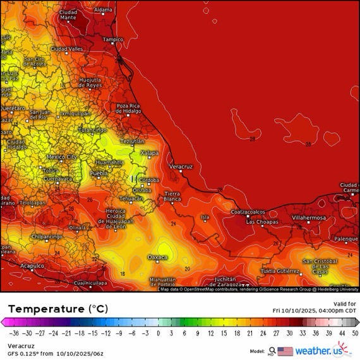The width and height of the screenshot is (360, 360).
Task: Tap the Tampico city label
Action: click(113, 39)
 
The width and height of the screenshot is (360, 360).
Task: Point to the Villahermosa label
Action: click(308, 217)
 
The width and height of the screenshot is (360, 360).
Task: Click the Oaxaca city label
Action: click(157, 257)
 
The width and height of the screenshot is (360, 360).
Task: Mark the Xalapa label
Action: click(149, 153)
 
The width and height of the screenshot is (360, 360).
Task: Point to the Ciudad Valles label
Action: click(67, 49)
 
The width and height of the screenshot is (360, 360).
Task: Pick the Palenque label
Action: click(346, 239)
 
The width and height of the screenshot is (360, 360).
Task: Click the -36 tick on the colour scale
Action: click(13, 332)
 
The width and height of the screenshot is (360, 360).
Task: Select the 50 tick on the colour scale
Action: click(355, 332)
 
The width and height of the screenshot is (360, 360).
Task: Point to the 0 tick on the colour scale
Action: click(158, 332)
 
